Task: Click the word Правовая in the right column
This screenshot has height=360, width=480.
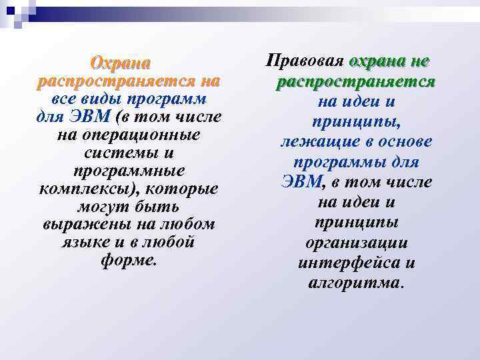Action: coord(304,61)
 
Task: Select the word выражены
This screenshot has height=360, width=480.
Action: coord(80,225)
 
